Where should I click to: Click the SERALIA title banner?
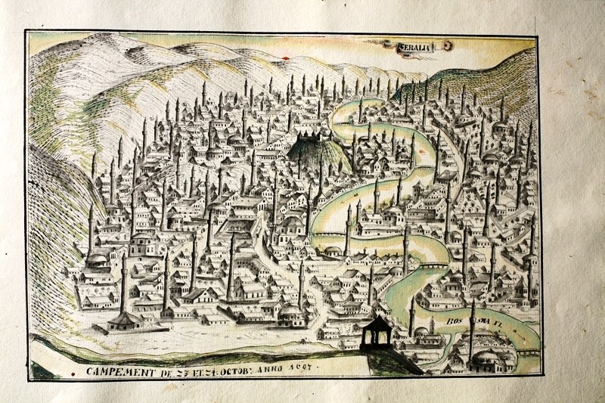point(414,48)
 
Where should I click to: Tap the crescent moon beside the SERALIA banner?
point(448,46)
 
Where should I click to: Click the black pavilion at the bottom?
point(376,332)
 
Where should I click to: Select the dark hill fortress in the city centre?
point(312,152)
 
